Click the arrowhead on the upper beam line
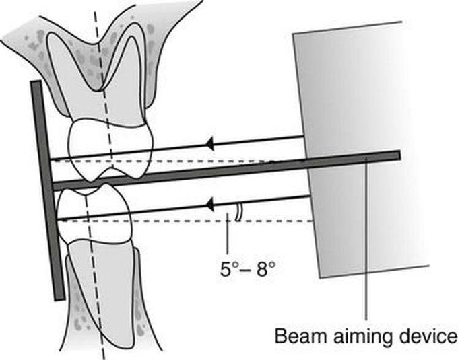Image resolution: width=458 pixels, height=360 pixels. pos(209,143)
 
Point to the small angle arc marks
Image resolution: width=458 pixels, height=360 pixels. pos(236,213)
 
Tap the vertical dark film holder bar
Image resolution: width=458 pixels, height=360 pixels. pos(48,188)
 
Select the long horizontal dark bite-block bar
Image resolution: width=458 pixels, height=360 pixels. pos(222,170)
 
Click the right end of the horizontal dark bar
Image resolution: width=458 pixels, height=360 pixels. pos(397,155)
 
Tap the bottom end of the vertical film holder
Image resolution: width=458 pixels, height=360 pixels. pos(59,297)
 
